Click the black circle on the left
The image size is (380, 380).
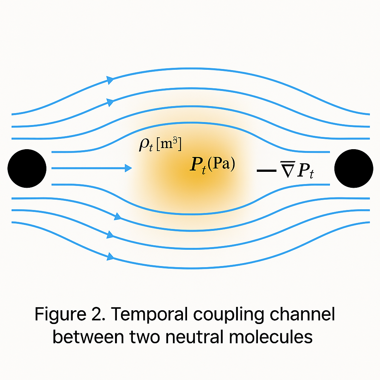pos(27,168)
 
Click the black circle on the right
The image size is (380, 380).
pos(353,168)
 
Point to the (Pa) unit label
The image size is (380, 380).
pos(221,164)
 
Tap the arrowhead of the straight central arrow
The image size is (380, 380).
pos(128,168)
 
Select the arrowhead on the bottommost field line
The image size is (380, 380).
pos(110,256)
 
